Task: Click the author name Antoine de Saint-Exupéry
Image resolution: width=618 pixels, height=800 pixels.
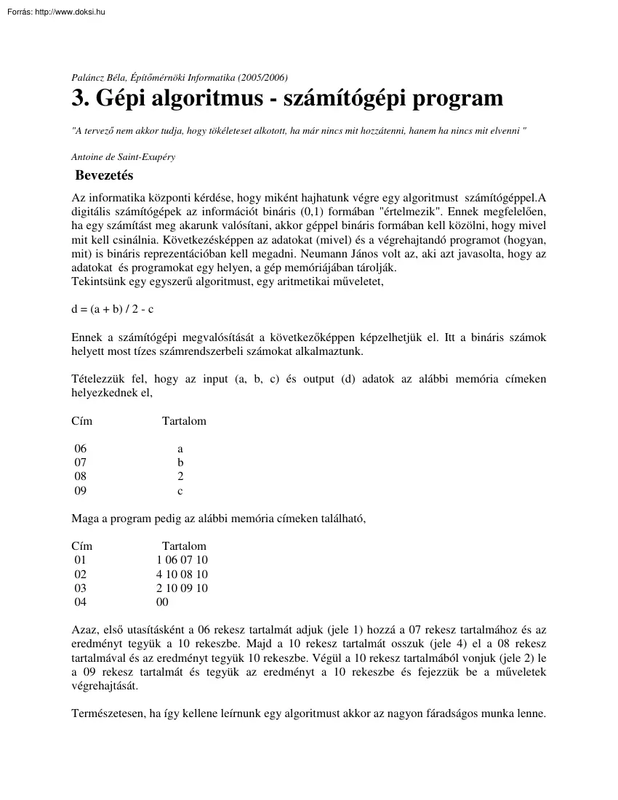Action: (x=123, y=156)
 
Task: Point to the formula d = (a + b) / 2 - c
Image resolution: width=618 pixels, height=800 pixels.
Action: (x=113, y=309)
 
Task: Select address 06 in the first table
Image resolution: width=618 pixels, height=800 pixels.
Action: (x=80, y=449)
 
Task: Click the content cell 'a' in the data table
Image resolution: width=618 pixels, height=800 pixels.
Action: (x=180, y=449)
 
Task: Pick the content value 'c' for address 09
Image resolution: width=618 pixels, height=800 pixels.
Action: (x=180, y=491)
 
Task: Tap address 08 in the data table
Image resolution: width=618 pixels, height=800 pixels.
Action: (x=80, y=476)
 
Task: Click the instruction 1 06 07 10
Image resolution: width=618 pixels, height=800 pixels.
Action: (x=182, y=560)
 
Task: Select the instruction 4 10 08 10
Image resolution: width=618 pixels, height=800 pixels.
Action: (x=182, y=574)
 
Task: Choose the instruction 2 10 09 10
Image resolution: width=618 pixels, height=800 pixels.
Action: (x=182, y=588)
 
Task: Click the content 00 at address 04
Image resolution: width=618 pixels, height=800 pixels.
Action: (x=162, y=602)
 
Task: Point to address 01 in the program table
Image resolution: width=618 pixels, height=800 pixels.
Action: (x=80, y=560)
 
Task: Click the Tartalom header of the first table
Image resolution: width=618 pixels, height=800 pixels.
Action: (x=184, y=421)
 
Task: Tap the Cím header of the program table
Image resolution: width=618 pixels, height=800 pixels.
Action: (x=82, y=545)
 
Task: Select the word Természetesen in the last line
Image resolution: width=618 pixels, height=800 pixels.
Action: (x=105, y=713)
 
